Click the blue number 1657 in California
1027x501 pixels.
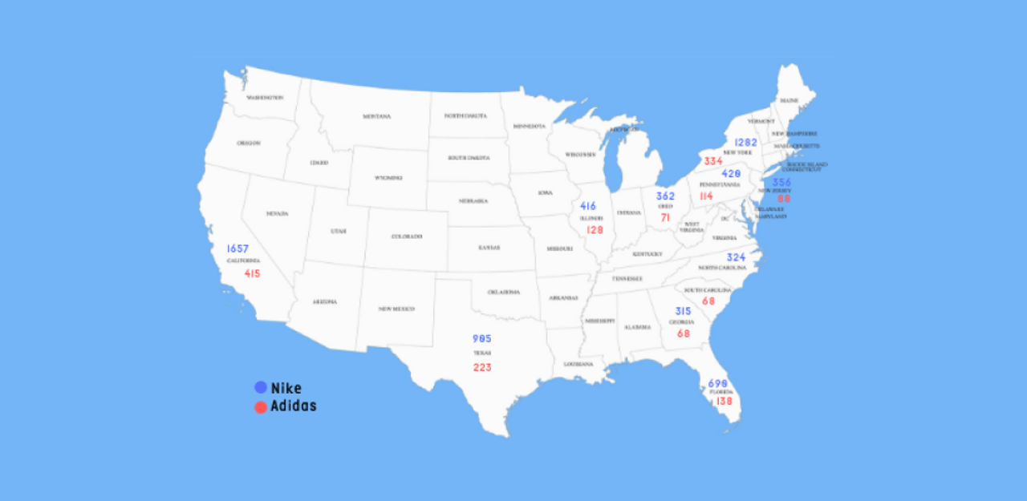[237, 249]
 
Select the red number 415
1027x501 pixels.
[252, 274]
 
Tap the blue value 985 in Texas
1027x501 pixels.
[481, 338]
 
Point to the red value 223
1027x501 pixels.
[481, 368]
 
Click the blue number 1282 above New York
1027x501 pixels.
[745, 143]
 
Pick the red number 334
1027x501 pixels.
[713, 162]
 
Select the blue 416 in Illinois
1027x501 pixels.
[588, 207]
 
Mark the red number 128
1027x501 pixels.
[595, 230]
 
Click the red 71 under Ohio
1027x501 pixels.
[665, 218]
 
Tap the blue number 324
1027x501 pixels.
[736, 258]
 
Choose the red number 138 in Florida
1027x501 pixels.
[724, 401]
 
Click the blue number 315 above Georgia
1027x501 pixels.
[683, 312]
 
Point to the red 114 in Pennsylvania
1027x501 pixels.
[706, 196]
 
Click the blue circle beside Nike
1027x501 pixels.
[261, 388]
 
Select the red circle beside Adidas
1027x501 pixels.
[261, 407]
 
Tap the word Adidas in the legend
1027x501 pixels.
[294, 406]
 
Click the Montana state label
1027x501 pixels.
[376, 117]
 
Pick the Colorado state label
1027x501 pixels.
[406, 236]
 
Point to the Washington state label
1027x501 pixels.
[265, 98]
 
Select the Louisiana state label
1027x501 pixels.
[578, 364]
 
